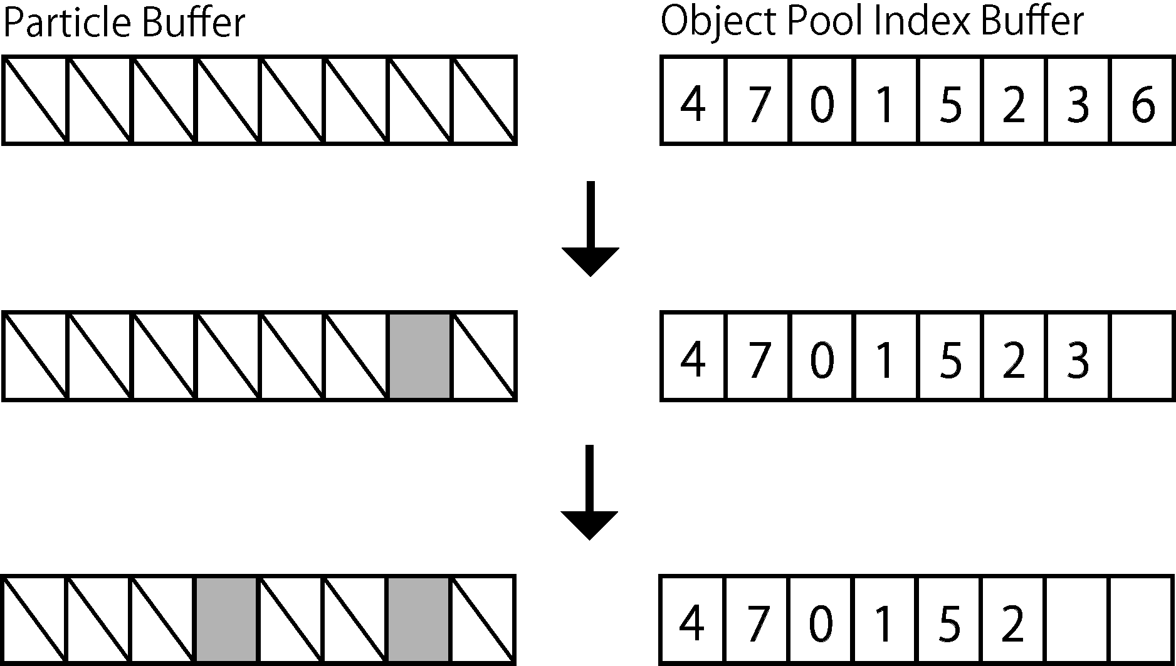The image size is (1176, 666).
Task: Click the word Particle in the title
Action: [x=68, y=24]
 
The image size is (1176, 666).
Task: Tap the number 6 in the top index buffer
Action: [x=1143, y=104]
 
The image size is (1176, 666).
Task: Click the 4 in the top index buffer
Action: [x=693, y=104]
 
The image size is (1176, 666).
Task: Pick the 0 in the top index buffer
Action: [x=822, y=104]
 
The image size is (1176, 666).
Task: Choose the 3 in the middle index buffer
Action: [x=1078, y=360]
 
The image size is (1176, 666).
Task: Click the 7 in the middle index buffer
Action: [x=758, y=360]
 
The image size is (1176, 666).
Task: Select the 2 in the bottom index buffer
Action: [x=1012, y=624]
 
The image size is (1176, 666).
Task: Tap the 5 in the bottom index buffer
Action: [x=949, y=624]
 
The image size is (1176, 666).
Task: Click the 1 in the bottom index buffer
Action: [x=885, y=624]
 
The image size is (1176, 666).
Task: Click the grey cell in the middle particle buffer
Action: [x=420, y=356]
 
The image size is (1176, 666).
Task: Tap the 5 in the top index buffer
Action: [x=950, y=104]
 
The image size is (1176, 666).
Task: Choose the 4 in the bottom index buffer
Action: [x=692, y=624]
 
